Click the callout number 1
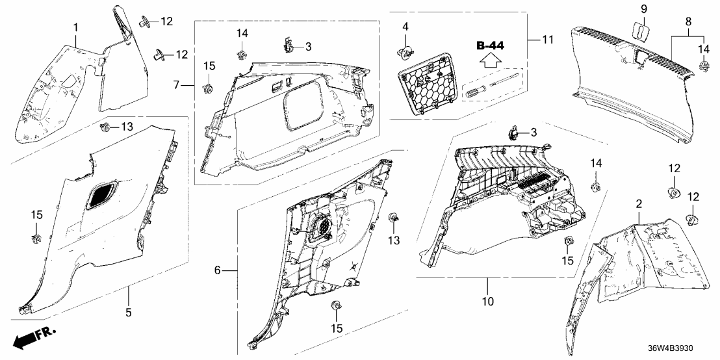75,28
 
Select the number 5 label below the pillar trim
128,313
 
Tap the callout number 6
217,270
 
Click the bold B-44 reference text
491,45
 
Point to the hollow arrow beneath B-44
491,62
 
